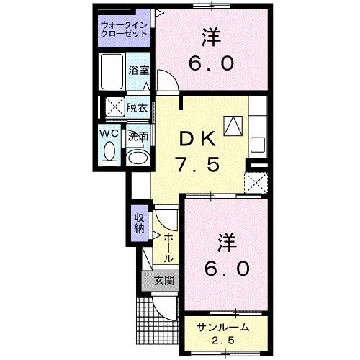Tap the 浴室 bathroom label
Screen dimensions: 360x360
point(138,71)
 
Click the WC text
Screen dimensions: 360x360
point(109,134)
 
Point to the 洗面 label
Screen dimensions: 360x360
point(138,135)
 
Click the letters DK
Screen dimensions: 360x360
point(194,138)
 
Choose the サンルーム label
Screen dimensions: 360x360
point(223,328)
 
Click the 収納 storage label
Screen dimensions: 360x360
point(139,223)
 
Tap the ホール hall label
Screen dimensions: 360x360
point(168,248)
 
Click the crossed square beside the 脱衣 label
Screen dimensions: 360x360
point(112,108)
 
